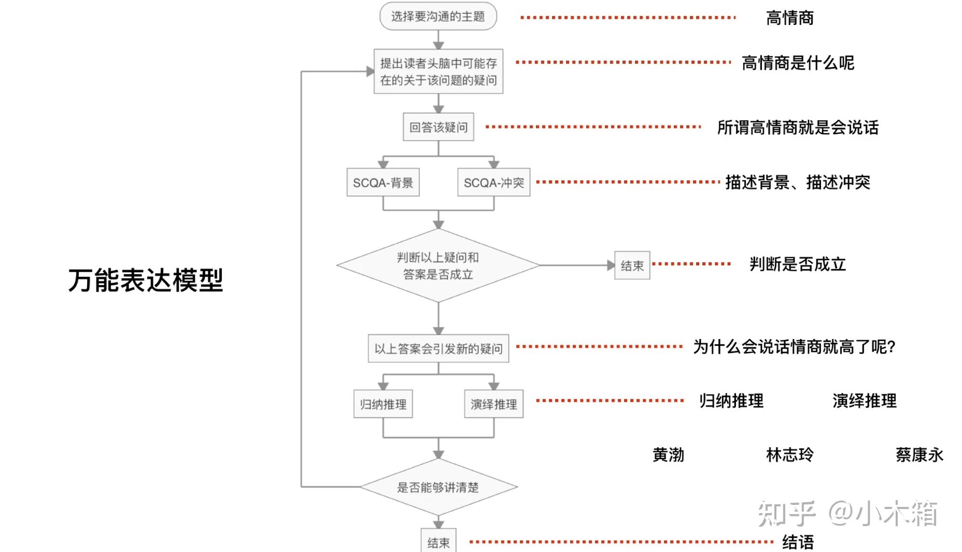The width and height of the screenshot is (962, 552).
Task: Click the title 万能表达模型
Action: tap(146, 280)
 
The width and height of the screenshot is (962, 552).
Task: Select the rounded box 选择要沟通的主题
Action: tap(438, 16)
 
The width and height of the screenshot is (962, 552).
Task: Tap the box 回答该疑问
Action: tap(438, 127)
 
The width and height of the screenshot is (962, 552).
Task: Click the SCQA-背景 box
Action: tap(383, 182)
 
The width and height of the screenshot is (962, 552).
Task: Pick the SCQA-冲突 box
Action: tap(494, 182)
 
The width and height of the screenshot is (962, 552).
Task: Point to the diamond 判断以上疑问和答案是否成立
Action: tap(438, 265)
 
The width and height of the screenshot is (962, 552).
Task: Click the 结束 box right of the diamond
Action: tap(632, 265)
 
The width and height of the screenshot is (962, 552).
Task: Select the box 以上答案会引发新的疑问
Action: tap(438, 348)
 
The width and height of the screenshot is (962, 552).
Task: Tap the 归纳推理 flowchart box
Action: tap(383, 404)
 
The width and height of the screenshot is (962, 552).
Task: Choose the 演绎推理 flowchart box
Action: tap(494, 404)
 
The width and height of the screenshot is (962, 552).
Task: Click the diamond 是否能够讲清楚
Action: tap(438, 487)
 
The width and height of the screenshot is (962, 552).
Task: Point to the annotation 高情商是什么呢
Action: tap(798, 63)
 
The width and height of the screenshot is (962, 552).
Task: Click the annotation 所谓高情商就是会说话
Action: tap(798, 127)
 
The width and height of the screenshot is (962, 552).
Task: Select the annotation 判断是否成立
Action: tap(798, 264)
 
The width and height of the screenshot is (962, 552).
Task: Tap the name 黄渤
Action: tap(669, 454)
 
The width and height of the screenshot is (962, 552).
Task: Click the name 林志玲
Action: tap(790, 454)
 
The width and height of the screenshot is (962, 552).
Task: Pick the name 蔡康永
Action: tap(920, 454)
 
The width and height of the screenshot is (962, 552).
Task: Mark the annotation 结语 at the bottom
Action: tap(798, 542)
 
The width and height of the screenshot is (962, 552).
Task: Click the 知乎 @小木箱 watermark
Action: tap(848, 514)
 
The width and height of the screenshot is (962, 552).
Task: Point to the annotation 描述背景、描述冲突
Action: tap(798, 182)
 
